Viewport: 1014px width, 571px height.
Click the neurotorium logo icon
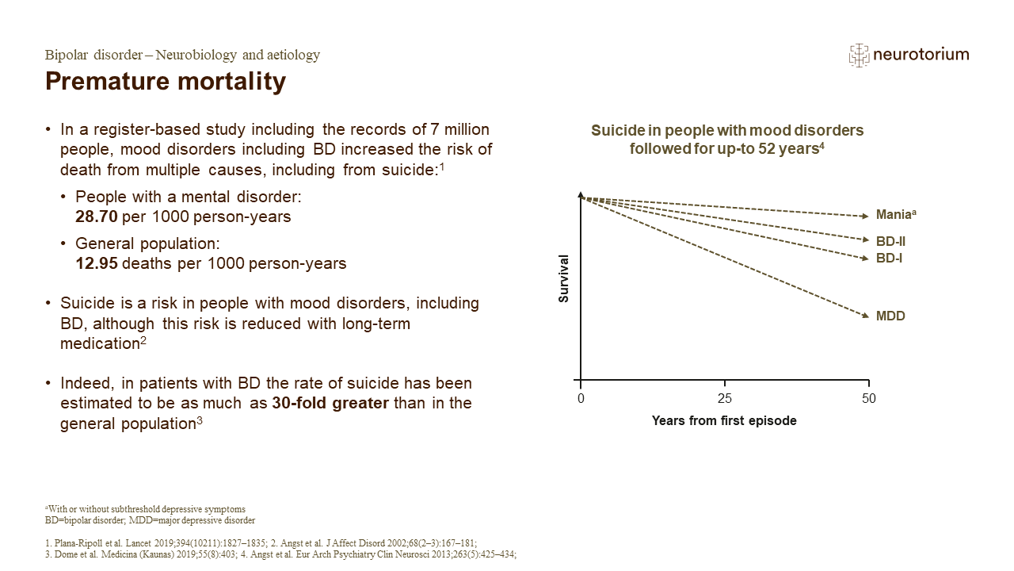[x=859, y=55]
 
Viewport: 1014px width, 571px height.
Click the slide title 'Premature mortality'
[x=166, y=81]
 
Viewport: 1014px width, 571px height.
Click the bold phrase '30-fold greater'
[x=330, y=403]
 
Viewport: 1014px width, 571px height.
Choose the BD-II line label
[x=890, y=240]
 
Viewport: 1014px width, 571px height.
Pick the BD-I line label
[x=889, y=259]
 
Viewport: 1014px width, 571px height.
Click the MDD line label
[x=890, y=316]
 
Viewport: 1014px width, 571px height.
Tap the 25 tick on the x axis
[x=725, y=398]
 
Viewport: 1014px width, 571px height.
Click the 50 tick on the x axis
[x=869, y=398]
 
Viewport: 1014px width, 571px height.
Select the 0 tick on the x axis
[x=581, y=398]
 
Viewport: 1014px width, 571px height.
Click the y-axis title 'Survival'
[x=564, y=278]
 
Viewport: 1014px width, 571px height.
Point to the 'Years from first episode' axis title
[x=724, y=421]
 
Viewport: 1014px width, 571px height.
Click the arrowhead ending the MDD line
[x=865, y=316]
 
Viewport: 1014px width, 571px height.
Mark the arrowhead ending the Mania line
[x=865, y=216]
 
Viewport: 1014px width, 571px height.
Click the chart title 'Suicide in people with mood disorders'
[x=727, y=130]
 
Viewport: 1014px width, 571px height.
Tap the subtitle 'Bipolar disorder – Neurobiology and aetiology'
[x=182, y=55]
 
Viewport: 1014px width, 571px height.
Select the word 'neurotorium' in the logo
[x=921, y=55]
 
